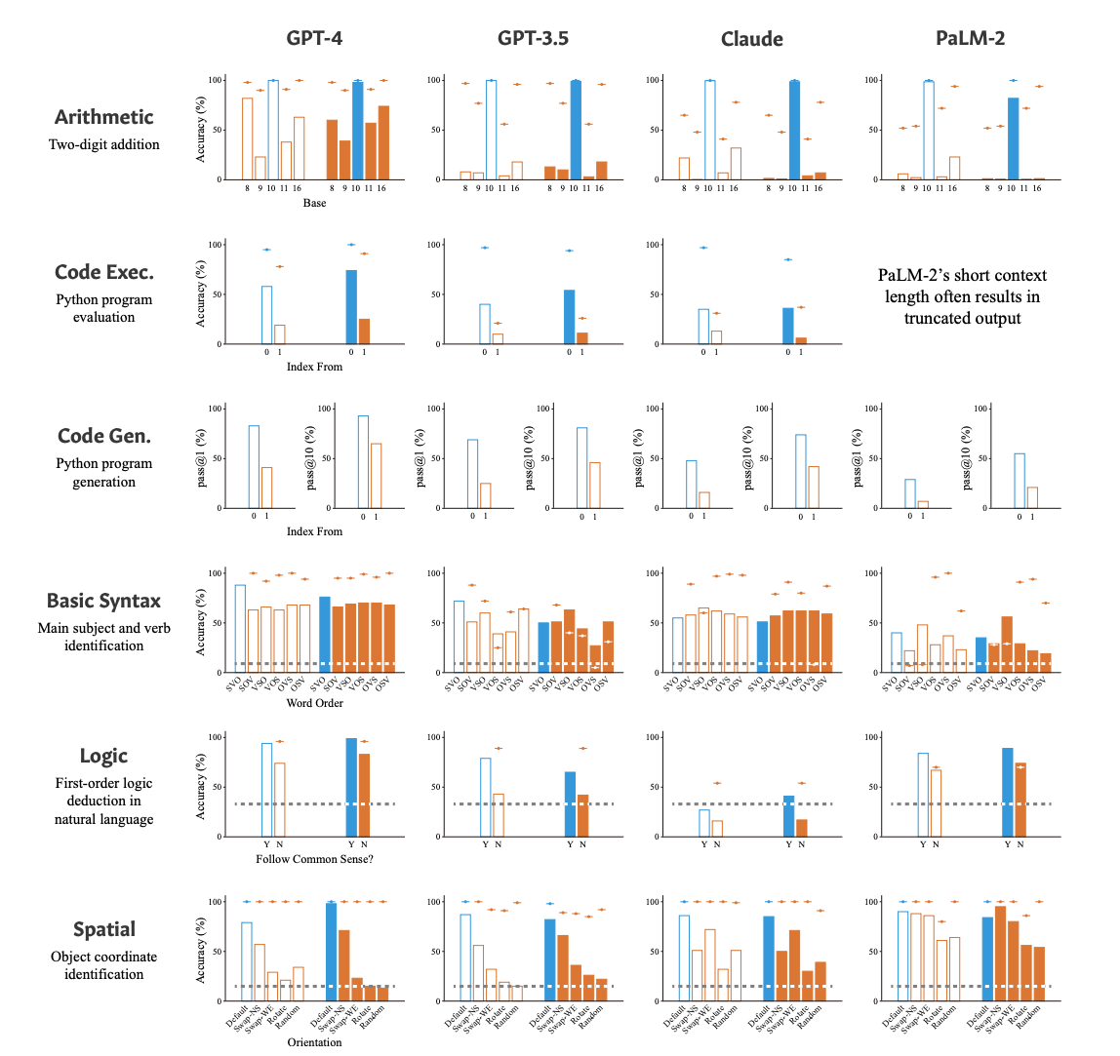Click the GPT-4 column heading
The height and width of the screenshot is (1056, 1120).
(x=314, y=39)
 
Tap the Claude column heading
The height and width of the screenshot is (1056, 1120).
(x=752, y=39)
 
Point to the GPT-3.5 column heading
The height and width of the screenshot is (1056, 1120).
(x=533, y=39)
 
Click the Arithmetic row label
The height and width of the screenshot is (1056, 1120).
(x=104, y=117)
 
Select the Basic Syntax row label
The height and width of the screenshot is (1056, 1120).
(x=104, y=601)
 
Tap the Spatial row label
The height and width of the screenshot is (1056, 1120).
(x=104, y=929)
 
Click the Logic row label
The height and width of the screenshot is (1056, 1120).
(x=104, y=757)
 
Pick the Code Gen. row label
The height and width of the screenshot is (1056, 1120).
(x=104, y=436)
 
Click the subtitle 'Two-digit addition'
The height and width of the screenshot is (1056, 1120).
(x=104, y=144)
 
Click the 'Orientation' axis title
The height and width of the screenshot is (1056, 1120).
(x=314, y=1042)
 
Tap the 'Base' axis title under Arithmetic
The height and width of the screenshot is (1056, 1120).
(x=314, y=204)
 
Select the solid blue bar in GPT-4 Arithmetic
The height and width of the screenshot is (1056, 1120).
(x=357, y=131)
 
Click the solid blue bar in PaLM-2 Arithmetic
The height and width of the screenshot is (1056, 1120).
(x=1013, y=138)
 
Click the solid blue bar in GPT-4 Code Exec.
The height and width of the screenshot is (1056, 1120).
(x=351, y=306)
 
